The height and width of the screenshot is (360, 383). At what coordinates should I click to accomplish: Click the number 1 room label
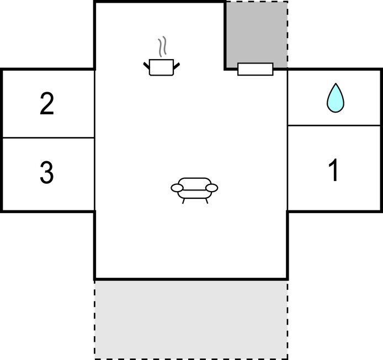[x=334, y=170]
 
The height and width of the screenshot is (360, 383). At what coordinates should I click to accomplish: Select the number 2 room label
[x=47, y=103]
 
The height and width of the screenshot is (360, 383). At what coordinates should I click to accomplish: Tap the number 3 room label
[x=47, y=172]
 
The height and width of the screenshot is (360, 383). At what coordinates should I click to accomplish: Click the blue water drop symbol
[x=336, y=98]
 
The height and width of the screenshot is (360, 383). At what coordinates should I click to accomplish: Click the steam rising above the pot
[x=162, y=46]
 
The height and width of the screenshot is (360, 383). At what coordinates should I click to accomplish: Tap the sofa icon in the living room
[x=194, y=190]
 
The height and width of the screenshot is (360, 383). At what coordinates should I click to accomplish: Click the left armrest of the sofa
[x=177, y=188]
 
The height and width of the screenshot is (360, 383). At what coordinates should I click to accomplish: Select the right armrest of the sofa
[x=212, y=188]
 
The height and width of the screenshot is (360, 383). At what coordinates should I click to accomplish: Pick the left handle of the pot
[x=146, y=66]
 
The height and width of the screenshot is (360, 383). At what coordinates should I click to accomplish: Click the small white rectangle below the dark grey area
[x=256, y=69]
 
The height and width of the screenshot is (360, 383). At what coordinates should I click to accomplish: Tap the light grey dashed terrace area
[x=191, y=320]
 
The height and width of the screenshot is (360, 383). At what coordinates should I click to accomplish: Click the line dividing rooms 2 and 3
[x=49, y=138]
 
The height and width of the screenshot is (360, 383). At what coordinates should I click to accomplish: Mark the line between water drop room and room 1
[x=334, y=125]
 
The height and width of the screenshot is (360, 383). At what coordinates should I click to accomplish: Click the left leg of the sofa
[x=183, y=201]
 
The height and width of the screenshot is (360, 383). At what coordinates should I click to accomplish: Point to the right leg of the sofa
[x=206, y=201]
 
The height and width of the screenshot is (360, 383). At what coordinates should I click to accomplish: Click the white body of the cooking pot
[x=161, y=67]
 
